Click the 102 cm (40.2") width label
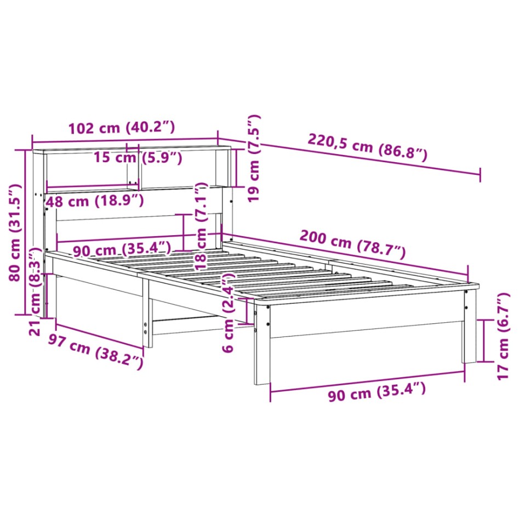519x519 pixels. [121, 128]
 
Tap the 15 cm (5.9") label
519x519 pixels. [137, 158]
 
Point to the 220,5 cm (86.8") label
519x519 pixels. [367, 147]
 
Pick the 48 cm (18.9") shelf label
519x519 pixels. [94, 201]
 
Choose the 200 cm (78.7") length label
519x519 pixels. [352, 244]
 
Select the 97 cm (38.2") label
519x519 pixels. [95, 351]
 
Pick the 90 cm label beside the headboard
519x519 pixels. [122, 250]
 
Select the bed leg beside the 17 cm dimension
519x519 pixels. [469, 329]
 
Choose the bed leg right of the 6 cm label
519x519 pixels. [263, 345]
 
